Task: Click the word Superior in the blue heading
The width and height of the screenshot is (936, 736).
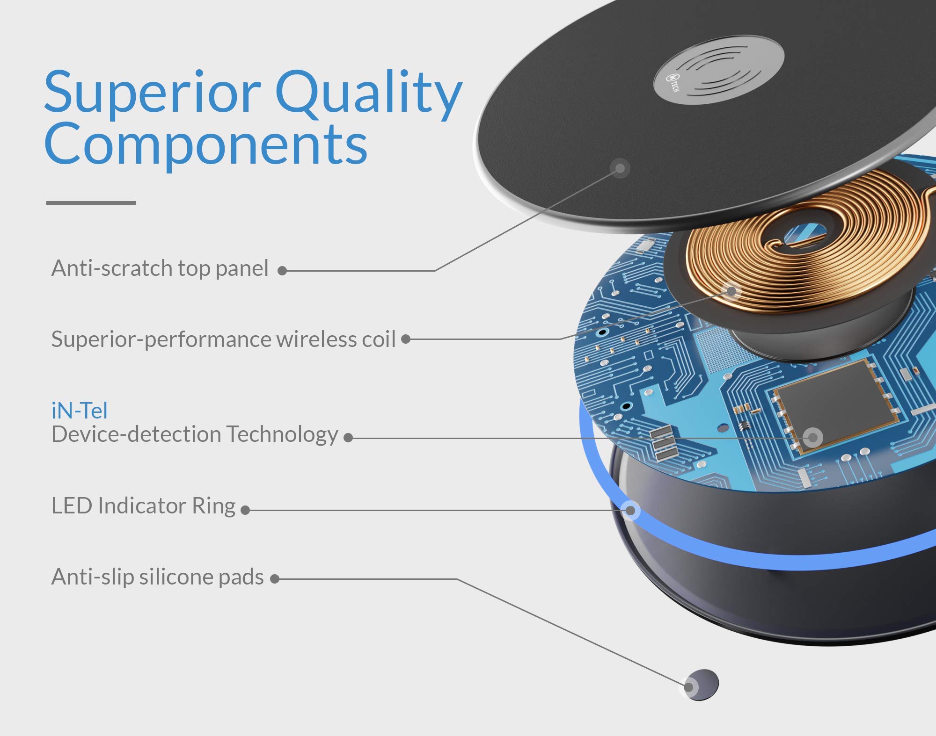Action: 153,92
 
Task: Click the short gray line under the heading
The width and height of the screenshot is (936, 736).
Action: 91,202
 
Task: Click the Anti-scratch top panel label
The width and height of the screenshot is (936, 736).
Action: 160,269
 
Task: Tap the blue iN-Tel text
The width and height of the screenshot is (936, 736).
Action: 80,411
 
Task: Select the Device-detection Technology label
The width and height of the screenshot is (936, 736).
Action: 195,435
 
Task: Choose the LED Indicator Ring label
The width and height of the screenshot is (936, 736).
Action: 144,506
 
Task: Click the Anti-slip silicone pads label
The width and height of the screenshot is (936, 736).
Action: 158,577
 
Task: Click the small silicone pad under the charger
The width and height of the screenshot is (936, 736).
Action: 701,685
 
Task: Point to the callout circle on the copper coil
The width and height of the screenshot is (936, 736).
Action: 731,291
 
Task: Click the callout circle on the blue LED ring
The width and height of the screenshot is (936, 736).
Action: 630,510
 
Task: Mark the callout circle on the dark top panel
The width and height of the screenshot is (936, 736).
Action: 620,168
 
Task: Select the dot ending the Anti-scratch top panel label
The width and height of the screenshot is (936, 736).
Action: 282,271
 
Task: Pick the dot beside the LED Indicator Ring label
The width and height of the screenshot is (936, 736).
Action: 245,510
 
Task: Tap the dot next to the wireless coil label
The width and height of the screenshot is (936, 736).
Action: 406,339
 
